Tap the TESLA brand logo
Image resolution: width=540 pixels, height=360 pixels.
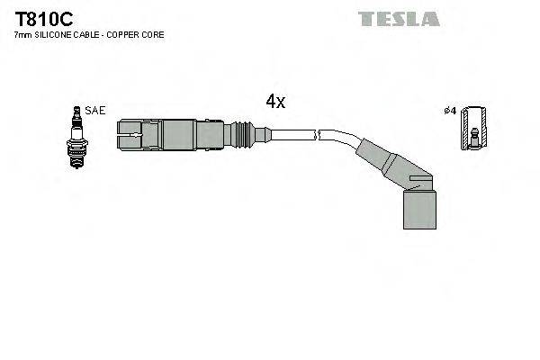pos(399,19)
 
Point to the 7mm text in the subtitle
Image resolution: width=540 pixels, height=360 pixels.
pos(22,34)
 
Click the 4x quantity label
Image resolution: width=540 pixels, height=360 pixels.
pos(275,102)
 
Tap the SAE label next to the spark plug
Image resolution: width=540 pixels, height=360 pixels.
pos(95,111)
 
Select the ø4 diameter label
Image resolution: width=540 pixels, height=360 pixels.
pos(450,111)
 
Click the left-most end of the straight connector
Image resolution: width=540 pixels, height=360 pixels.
pos(121,135)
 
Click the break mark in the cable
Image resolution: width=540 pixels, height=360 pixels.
pos(316,136)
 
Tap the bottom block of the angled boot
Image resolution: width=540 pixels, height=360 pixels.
pos(418,209)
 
